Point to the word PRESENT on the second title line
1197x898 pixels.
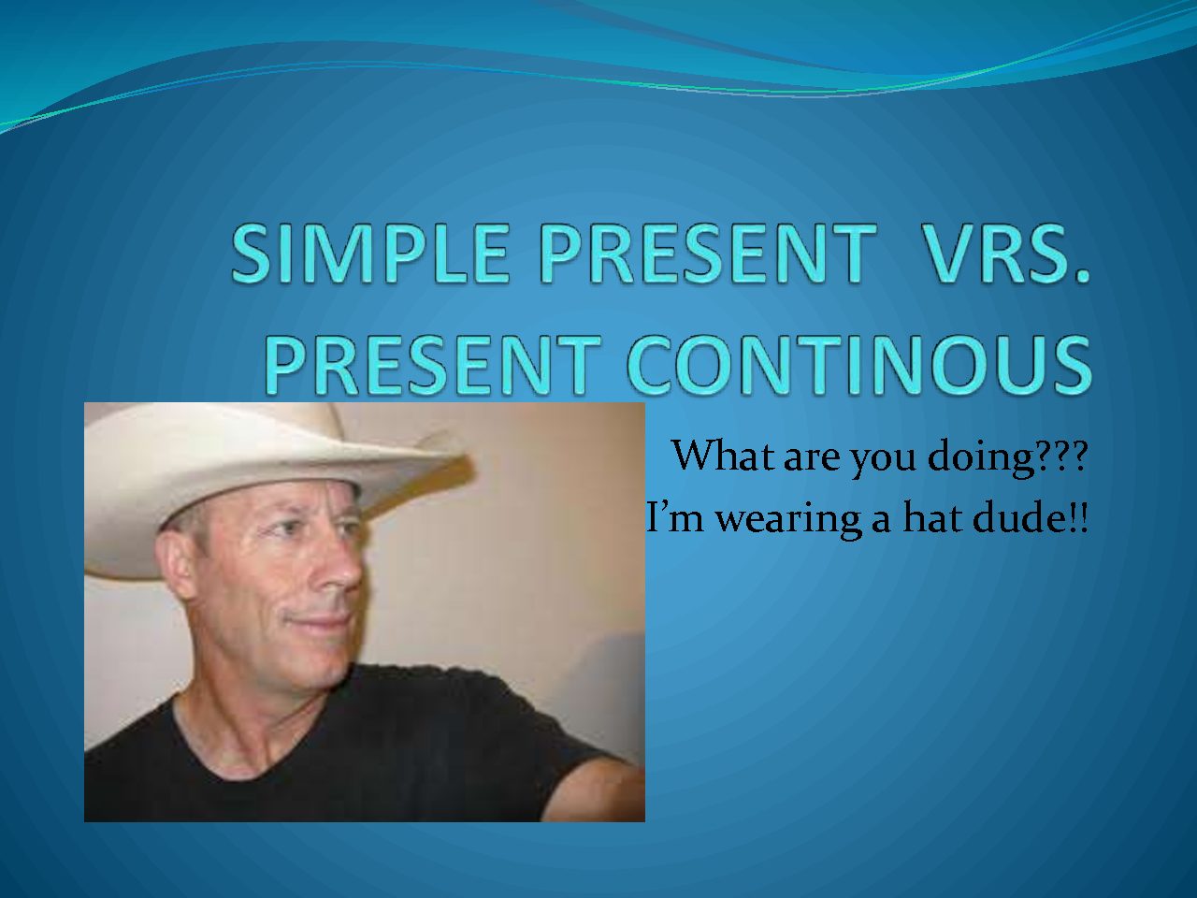(433, 363)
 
